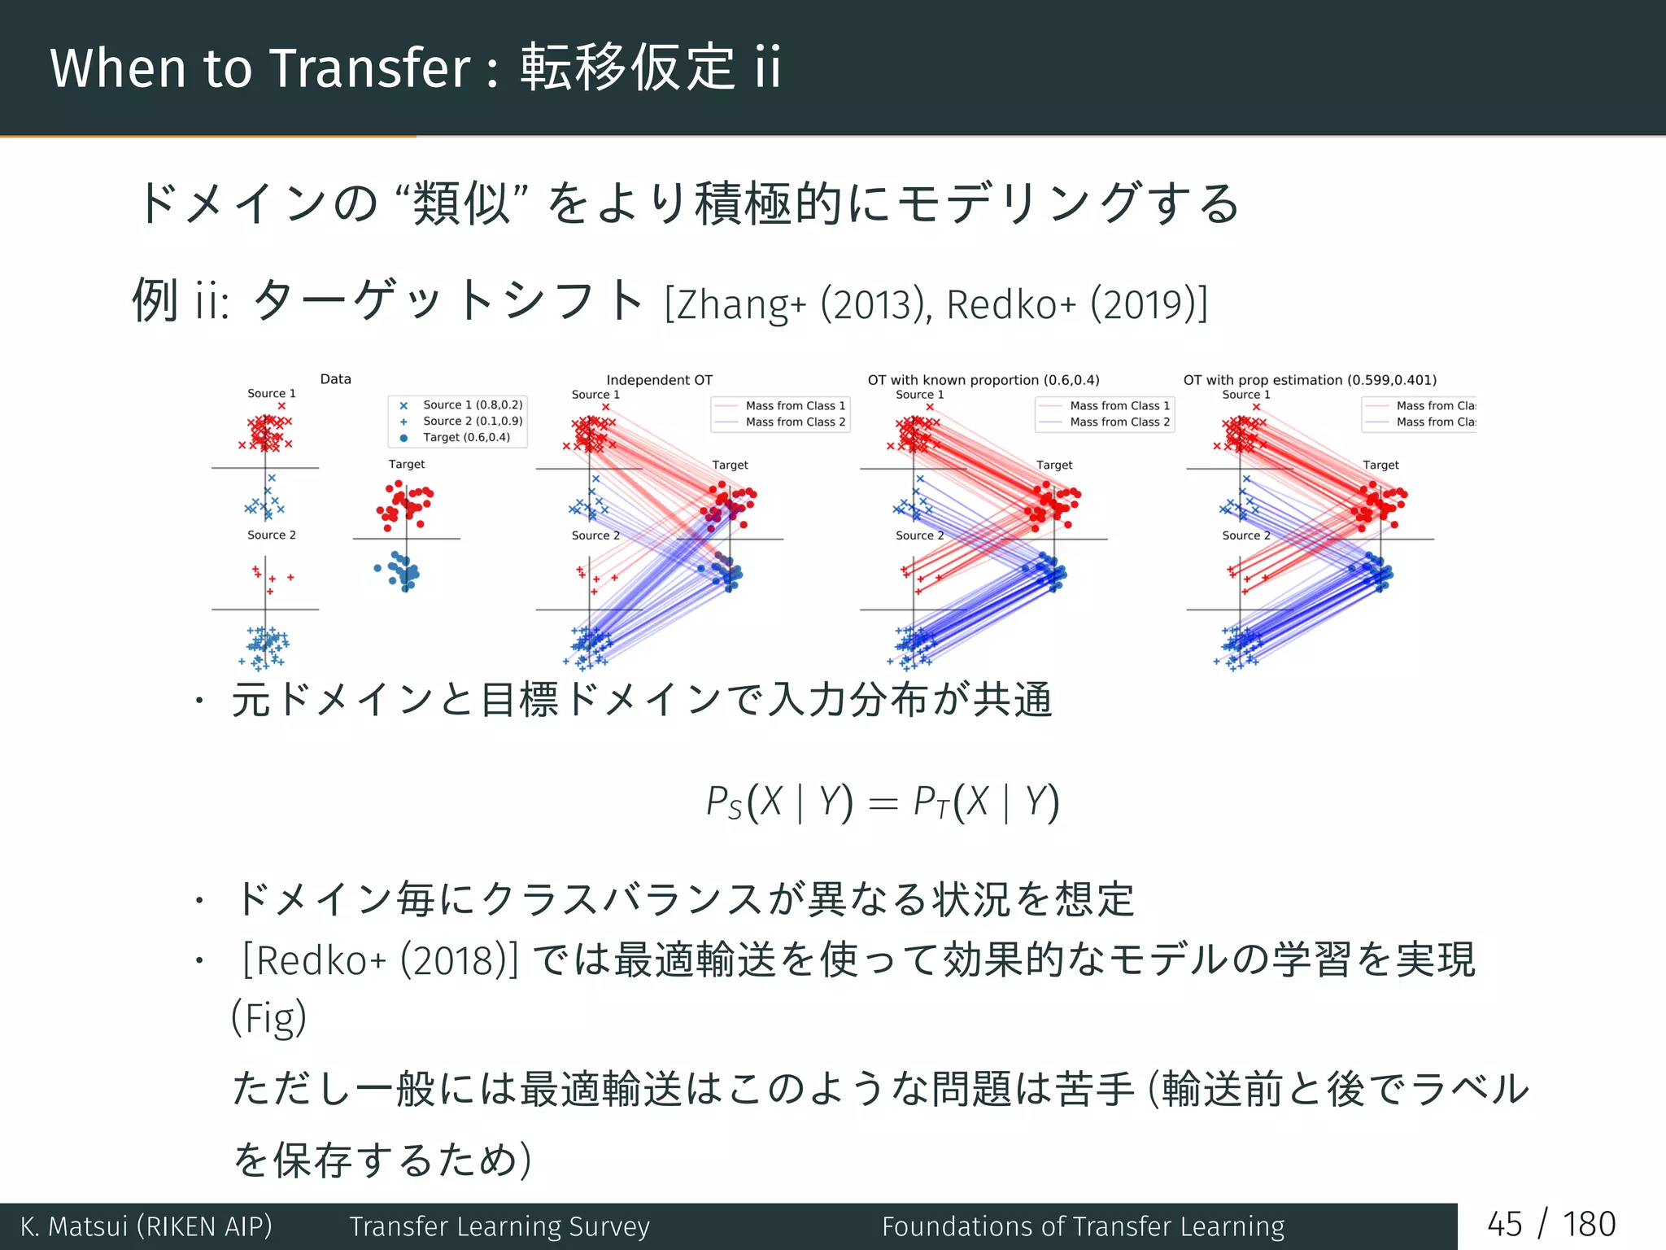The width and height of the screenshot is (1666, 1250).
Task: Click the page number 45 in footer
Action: pyautogui.click(x=1503, y=1225)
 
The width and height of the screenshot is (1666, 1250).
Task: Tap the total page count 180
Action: pyautogui.click(x=1589, y=1225)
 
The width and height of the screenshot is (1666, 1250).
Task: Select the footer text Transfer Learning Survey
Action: pyautogui.click(x=499, y=1226)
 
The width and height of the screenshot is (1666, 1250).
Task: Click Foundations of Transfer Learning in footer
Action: pyautogui.click(x=1083, y=1226)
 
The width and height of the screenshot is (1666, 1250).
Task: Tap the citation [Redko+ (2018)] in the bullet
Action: pyautogui.click(x=380, y=960)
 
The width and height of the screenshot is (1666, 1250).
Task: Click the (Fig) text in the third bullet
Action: pyautogui.click(x=268, y=1018)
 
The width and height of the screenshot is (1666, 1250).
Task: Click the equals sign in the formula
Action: pyautogui.click(x=883, y=804)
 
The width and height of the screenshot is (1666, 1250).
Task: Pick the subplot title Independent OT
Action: pyautogui.click(x=659, y=380)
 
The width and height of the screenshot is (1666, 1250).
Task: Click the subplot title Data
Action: pyautogui.click(x=335, y=379)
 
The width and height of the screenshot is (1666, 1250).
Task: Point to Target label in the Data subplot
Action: pyautogui.click(x=406, y=464)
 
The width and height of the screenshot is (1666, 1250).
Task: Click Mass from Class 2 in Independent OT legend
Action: pyautogui.click(x=795, y=422)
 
